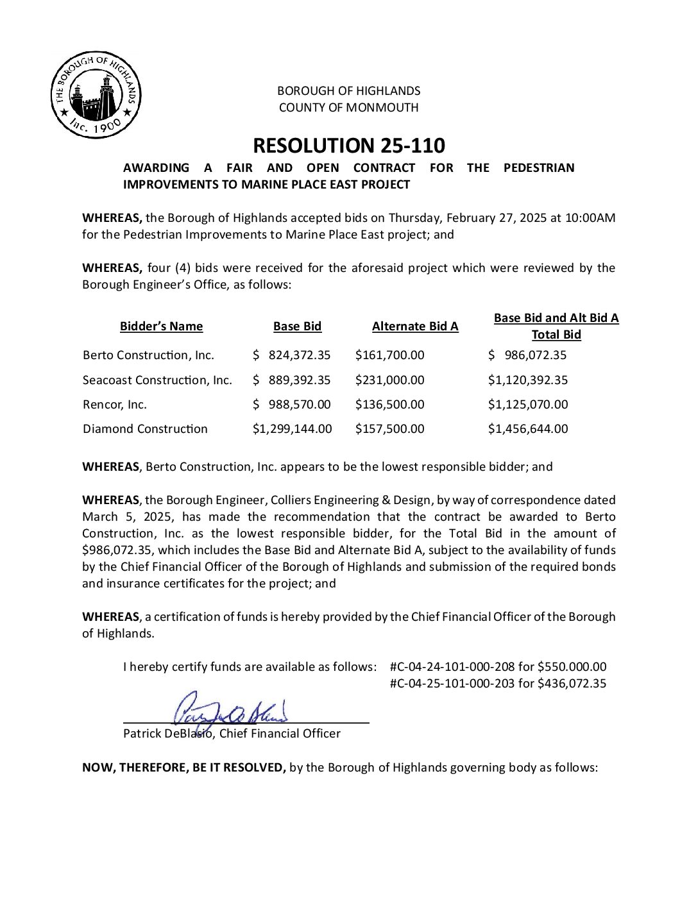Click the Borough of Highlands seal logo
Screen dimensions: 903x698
pyautogui.click(x=96, y=95)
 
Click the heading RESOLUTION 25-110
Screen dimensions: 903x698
pyautogui.click(x=348, y=146)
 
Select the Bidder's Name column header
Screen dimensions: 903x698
pyautogui.click(x=161, y=326)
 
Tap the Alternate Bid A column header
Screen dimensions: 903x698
pyautogui.click(x=415, y=326)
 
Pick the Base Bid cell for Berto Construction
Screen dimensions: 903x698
pyautogui.click(x=292, y=355)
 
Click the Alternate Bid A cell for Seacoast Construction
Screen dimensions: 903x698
pyautogui.click(x=389, y=380)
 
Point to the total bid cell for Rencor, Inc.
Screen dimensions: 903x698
pyautogui.click(x=528, y=405)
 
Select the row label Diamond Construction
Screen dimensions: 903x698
pyautogui.click(x=145, y=429)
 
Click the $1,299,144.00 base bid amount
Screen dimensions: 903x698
pyautogui.click(x=292, y=429)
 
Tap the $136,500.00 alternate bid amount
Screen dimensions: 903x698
pyautogui.click(x=389, y=405)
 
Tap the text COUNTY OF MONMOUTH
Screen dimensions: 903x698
pyautogui.click(x=348, y=108)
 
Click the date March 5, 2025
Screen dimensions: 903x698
pyautogui.click(x=128, y=517)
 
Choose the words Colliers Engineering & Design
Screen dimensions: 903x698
pyautogui.click(x=344, y=500)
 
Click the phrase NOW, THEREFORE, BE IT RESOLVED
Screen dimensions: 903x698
pyautogui.click(x=183, y=768)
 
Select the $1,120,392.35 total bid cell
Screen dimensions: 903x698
pyautogui.click(x=528, y=380)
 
